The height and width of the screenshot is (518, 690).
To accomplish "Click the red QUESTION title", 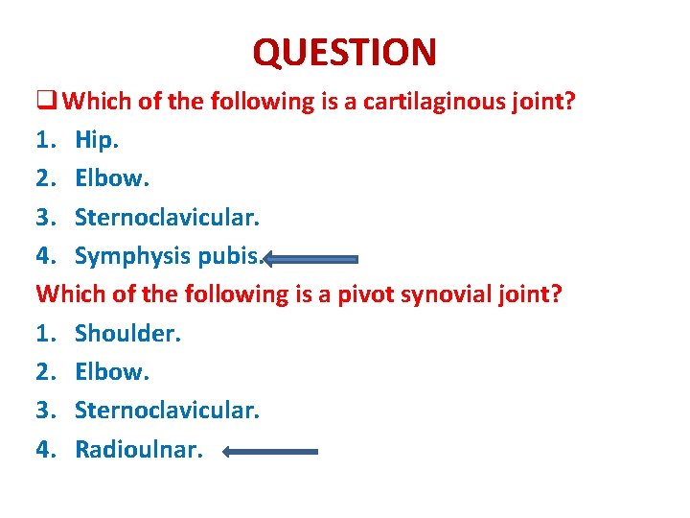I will [x=344, y=52].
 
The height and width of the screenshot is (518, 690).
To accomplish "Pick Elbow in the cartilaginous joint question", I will [x=111, y=178].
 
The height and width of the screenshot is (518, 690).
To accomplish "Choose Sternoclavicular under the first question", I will [x=167, y=217].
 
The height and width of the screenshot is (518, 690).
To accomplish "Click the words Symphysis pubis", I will [x=168, y=256].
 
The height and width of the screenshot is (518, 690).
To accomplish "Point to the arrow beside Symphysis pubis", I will [x=311, y=258].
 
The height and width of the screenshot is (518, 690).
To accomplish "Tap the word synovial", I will [x=450, y=294].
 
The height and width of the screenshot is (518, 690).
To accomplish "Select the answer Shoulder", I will [x=127, y=333].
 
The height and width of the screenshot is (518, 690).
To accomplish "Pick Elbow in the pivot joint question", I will [x=111, y=371].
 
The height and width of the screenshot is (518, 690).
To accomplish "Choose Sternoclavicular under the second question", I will [x=167, y=410].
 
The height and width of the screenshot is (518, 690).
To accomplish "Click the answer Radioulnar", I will [x=139, y=449].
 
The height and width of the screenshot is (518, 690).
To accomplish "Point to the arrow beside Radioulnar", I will [x=270, y=451].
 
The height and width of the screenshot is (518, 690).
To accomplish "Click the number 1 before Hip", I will [x=44, y=140].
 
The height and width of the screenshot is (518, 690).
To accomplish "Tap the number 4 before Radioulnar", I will [x=44, y=449].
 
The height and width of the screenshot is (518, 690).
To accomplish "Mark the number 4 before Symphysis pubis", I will [x=44, y=256].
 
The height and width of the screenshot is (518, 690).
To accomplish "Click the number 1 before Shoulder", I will [x=44, y=333].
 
